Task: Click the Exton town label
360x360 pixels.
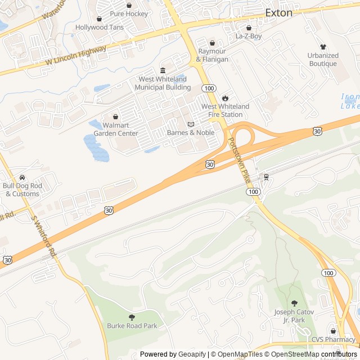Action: (x=279, y=12)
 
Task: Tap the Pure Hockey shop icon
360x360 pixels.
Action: (x=129, y=5)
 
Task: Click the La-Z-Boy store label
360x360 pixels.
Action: (x=249, y=36)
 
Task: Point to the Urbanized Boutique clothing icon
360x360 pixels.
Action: (x=323, y=47)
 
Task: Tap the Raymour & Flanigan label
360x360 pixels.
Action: (x=212, y=55)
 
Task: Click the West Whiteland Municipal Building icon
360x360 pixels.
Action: (x=163, y=70)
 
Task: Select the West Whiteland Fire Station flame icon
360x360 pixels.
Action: (x=226, y=98)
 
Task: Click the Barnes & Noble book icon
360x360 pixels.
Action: (x=191, y=124)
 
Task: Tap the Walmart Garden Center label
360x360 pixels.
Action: (x=116, y=129)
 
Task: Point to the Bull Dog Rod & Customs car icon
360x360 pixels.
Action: (x=22, y=178)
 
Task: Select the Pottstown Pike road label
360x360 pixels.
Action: (x=238, y=160)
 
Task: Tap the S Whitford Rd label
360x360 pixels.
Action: (x=44, y=237)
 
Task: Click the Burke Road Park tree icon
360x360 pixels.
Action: (x=132, y=317)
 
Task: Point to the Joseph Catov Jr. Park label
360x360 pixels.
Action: (x=294, y=316)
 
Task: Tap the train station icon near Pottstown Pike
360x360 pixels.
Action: (x=266, y=177)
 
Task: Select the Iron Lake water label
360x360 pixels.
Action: (x=350, y=101)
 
